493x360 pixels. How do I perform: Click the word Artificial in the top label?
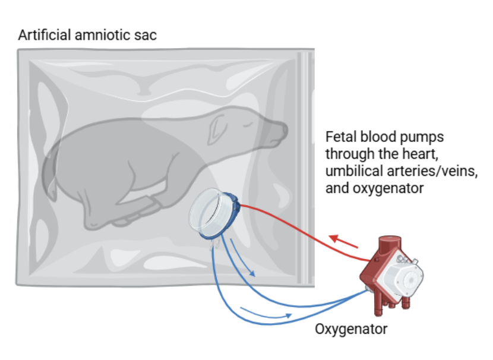point(45,35)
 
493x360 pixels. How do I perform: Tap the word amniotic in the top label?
point(103,35)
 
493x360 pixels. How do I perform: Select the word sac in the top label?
point(146,36)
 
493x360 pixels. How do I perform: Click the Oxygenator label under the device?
point(351,330)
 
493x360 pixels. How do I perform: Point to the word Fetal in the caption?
point(341,137)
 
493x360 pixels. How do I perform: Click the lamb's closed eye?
point(248,125)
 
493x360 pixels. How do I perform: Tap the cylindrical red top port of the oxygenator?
point(390,245)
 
